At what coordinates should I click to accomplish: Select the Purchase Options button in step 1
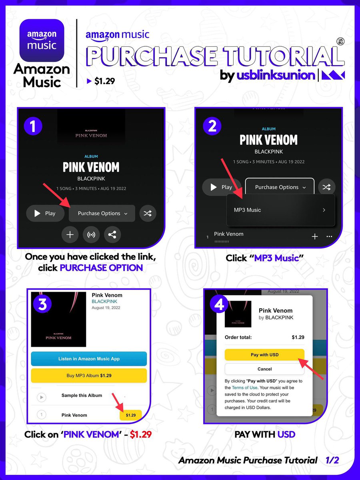tap(102, 213)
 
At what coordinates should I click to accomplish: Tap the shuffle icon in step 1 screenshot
tap(148, 213)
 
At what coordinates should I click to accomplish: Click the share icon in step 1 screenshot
tap(112, 235)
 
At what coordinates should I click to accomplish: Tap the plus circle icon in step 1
tap(70, 235)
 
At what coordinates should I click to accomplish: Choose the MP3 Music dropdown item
tap(280, 210)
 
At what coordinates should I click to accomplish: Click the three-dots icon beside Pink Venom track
tap(329, 236)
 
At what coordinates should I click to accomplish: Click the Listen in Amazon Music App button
tap(89, 359)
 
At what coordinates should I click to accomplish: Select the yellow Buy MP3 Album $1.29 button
tap(89, 376)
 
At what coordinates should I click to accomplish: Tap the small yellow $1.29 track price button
tap(130, 415)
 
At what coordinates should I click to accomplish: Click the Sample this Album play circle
tap(42, 397)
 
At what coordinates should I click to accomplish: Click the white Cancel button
tap(264, 369)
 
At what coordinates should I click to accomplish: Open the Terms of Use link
tap(244, 388)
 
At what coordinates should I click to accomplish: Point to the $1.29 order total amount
tap(298, 337)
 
